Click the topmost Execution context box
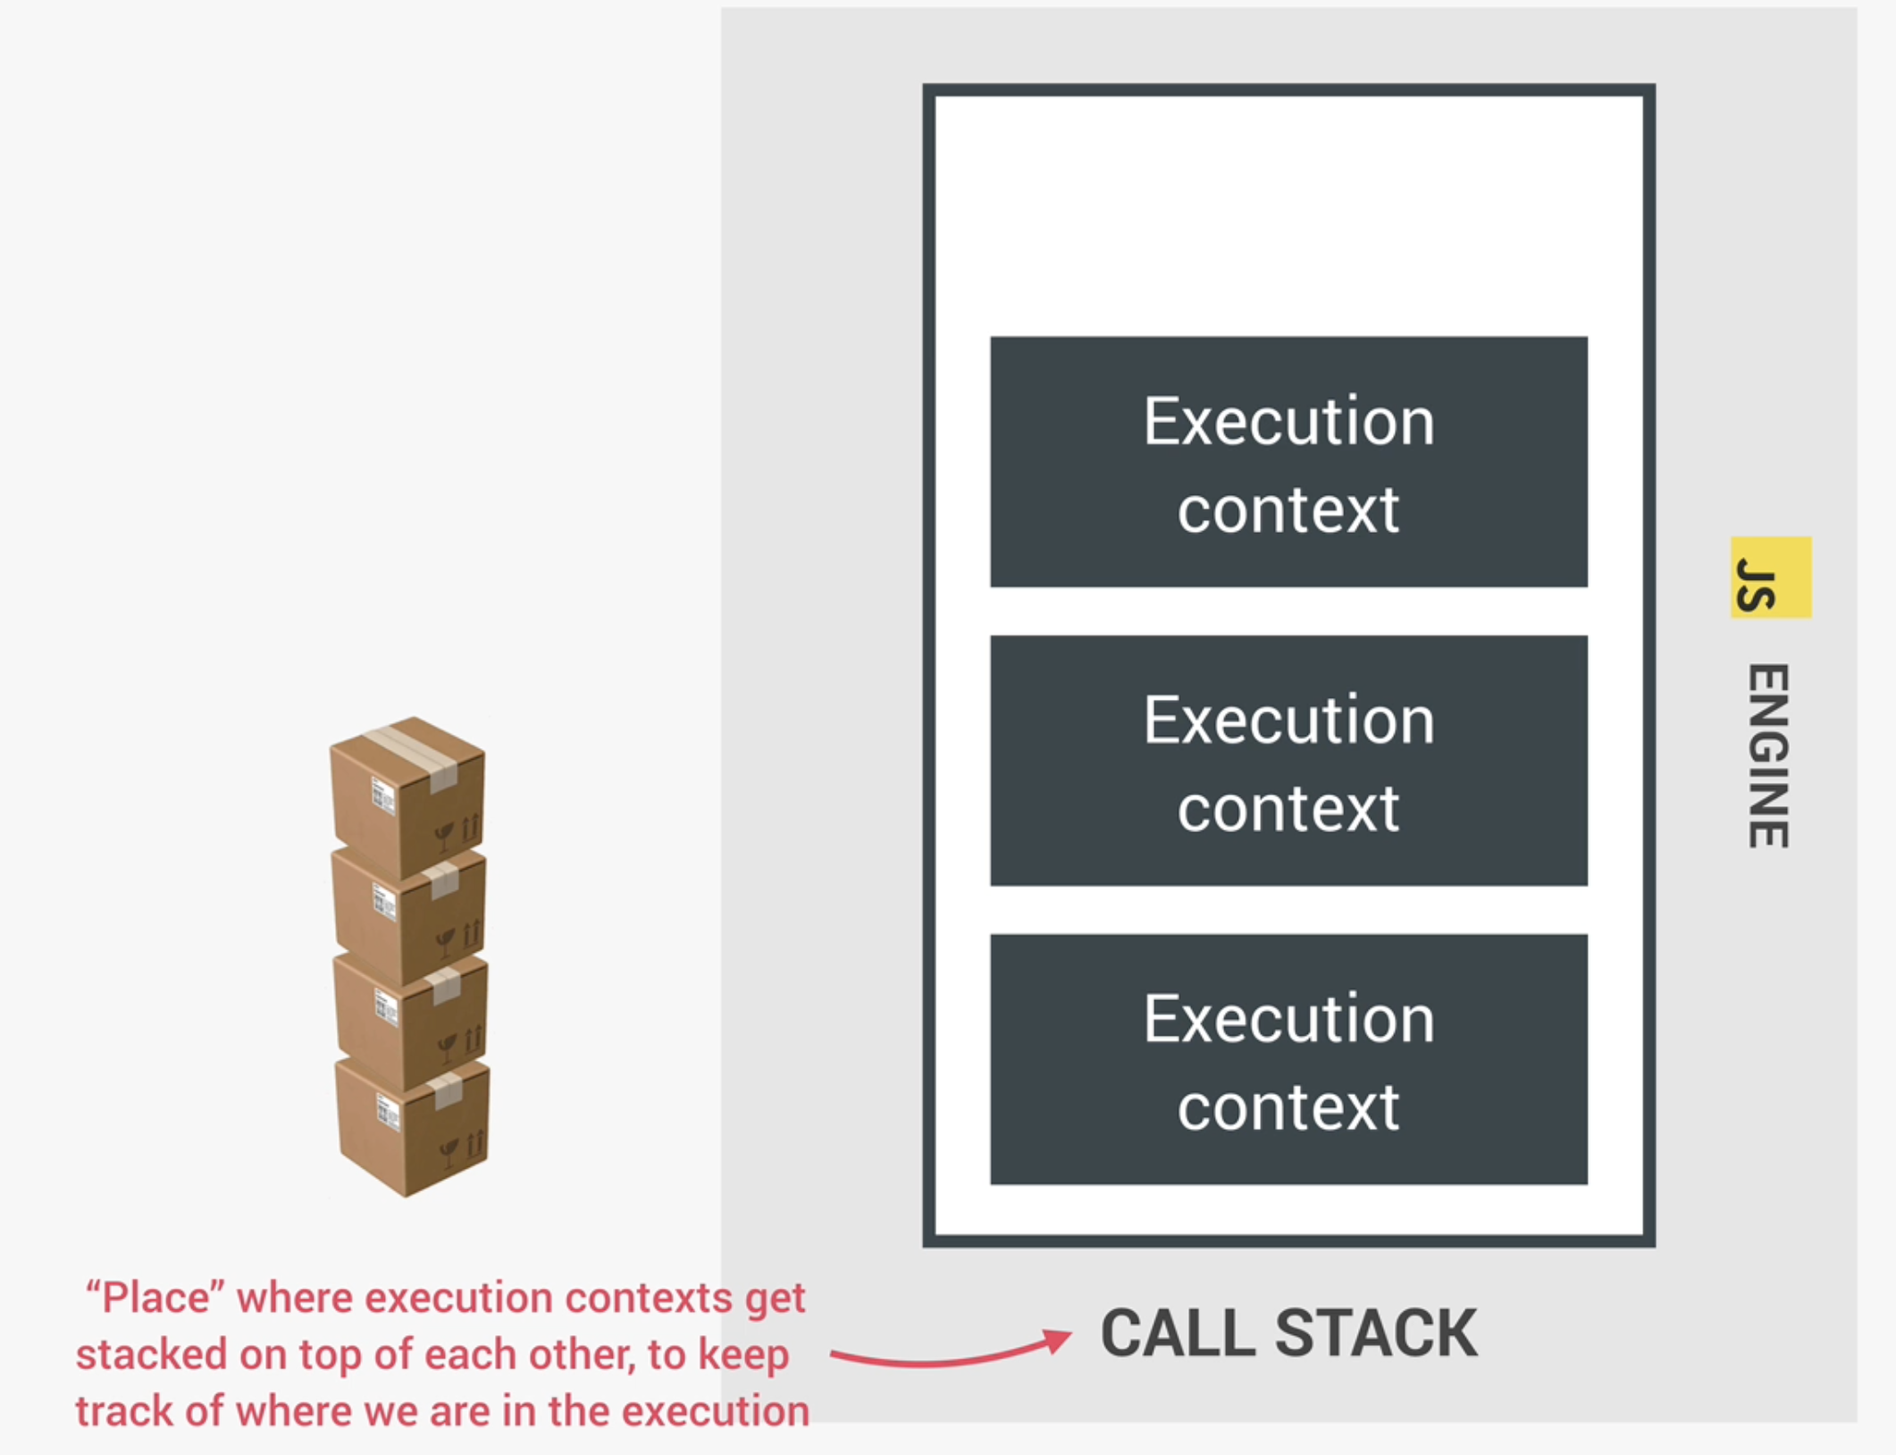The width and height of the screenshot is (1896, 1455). point(1288,461)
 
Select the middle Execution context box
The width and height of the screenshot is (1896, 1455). point(1288,760)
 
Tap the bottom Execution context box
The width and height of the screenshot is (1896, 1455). point(1288,1059)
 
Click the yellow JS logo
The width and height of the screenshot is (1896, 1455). point(1770,577)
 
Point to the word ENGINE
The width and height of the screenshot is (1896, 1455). point(1768,756)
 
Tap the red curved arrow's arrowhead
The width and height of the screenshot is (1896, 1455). point(1059,1340)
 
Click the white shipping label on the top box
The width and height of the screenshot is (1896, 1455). point(383,795)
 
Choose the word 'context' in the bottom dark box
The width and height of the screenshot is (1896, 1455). point(1288,1108)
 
